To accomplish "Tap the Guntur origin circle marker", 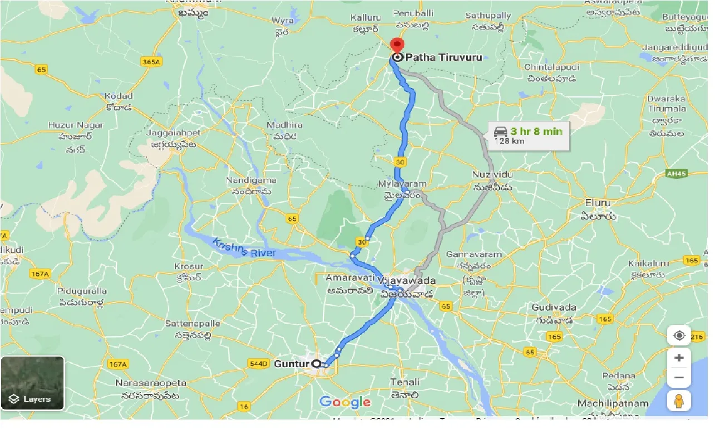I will click(316, 364).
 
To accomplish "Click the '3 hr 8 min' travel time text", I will click(536, 131).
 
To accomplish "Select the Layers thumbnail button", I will click(32, 383).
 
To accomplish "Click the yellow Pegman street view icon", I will click(679, 400).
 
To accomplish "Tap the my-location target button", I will click(679, 335).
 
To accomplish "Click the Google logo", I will click(345, 402).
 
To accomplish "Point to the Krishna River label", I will click(244, 248).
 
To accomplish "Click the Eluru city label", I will click(598, 203).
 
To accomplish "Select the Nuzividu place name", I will click(492, 174).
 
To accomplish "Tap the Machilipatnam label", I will click(613, 403).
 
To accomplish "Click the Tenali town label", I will click(405, 382).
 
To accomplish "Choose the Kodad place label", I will click(119, 96).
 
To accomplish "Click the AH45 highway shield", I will click(677, 174).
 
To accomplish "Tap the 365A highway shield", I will click(151, 62).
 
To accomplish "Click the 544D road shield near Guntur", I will click(258, 364).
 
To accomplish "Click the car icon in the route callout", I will click(500, 132).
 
